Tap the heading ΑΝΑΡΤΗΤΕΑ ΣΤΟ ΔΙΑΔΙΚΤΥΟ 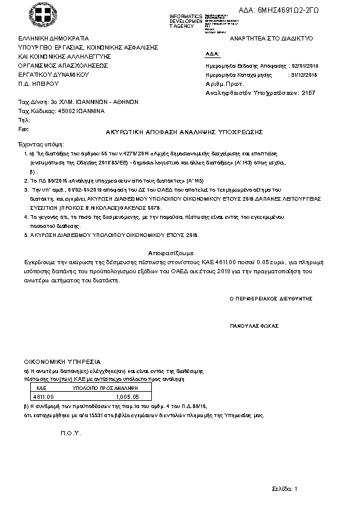pyautogui.click(x=267, y=38)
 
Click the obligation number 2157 pyautogui.click(x=308, y=94)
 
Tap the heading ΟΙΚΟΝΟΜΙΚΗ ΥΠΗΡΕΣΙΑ pyautogui.click(x=58, y=361)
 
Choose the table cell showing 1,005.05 pyautogui.click(x=127, y=397)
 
